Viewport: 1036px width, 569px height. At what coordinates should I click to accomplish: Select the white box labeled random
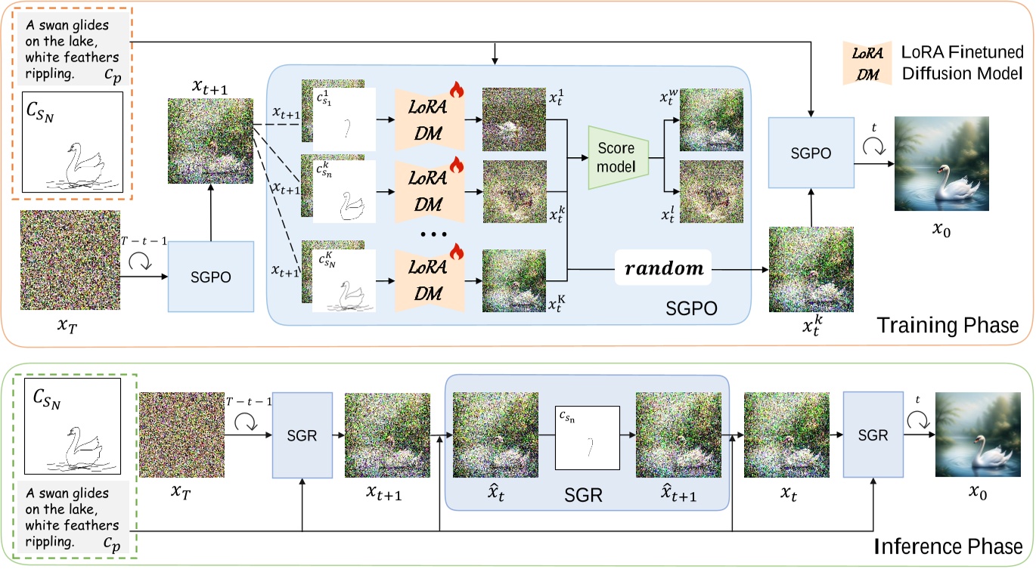click(x=662, y=267)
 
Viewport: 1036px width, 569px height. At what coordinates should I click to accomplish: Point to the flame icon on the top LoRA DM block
click(x=455, y=91)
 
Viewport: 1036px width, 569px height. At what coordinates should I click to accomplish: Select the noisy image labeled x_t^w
click(x=711, y=120)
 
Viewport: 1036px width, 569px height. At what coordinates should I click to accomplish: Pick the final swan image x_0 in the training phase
click(x=941, y=168)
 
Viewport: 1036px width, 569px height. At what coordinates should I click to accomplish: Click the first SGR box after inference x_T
click(x=302, y=435)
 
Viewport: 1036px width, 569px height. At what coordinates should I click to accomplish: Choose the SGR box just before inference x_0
click(x=873, y=435)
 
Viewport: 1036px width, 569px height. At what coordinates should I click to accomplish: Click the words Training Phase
click(x=948, y=326)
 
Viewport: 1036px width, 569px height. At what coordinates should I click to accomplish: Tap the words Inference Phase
click(x=949, y=546)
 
